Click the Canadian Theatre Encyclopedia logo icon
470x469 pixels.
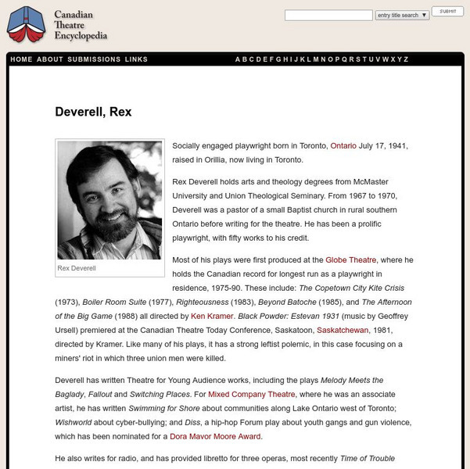[x=26, y=25]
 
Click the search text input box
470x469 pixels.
[x=328, y=15]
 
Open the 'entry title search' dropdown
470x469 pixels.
[x=402, y=15]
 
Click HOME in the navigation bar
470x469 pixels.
[x=22, y=59]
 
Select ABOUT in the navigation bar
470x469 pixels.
[x=50, y=59]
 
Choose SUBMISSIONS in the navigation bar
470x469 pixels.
[x=94, y=59]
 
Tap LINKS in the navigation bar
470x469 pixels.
[x=136, y=59]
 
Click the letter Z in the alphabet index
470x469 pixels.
[x=406, y=59]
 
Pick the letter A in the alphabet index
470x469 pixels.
[x=238, y=59]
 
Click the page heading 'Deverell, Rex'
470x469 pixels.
[x=93, y=112]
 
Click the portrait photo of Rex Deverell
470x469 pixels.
[x=109, y=200]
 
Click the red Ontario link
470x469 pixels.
[x=343, y=146]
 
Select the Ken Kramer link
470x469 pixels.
[x=213, y=316]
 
